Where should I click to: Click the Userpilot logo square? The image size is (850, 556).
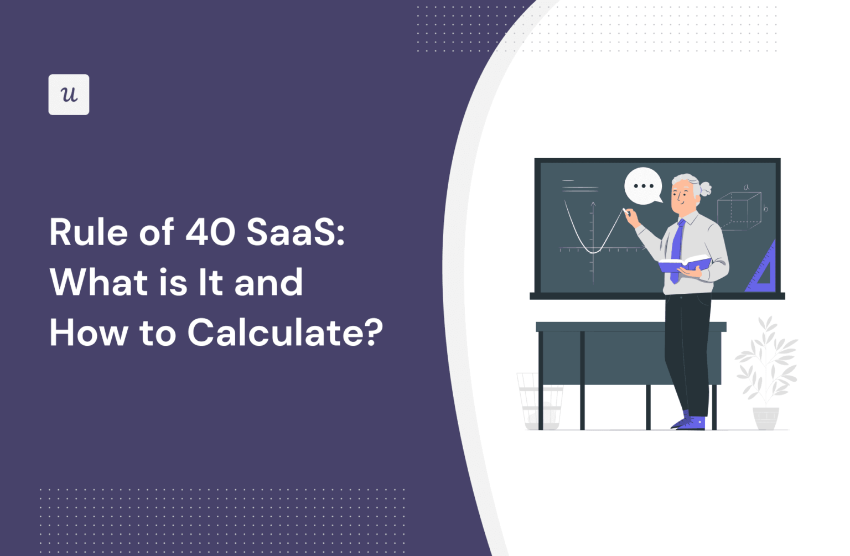[69, 95]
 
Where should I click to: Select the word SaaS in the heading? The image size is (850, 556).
[292, 232]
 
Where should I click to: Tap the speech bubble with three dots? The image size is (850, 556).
[643, 186]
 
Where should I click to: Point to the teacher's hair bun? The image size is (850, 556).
[705, 189]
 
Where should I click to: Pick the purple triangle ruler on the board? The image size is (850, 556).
[763, 269]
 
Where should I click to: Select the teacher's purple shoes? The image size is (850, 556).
[689, 423]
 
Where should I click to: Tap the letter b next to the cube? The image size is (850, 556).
[765, 209]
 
